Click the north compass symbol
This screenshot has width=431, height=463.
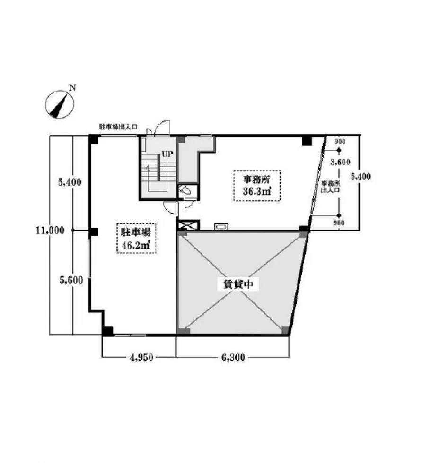click(60, 104)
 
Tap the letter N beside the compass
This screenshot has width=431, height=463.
click(72, 87)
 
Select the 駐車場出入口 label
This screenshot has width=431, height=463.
click(118, 127)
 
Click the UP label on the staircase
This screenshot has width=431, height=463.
click(167, 154)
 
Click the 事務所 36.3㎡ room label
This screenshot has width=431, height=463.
click(257, 185)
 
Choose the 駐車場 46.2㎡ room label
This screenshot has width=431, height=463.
click(136, 238)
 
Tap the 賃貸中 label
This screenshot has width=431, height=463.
click(238, 284)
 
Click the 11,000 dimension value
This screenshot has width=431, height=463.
click(50, 231)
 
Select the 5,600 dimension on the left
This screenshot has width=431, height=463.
click(71, 280)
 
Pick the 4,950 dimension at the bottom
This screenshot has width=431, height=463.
click(141, 358)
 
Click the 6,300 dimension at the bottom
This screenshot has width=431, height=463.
click(233, 358)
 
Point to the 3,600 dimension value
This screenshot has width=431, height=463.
click(340, 162)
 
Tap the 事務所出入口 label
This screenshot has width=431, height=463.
click(331, 187)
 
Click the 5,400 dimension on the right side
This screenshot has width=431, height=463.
click(361, 176)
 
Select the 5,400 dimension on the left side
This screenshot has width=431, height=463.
click(70, 182)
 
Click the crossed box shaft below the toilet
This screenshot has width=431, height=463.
click(188, 225)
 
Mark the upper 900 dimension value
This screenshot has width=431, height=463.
click(340, 142)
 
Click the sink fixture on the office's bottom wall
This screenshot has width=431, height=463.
click(220, 226)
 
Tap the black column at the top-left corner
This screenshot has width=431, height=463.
click(94, 139)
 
